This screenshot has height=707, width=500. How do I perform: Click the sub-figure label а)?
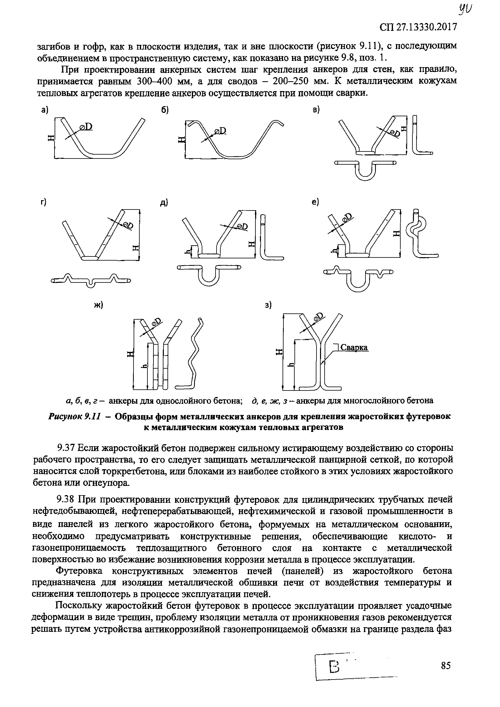(45, 110)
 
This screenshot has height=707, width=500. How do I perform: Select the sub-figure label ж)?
(98, 305)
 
